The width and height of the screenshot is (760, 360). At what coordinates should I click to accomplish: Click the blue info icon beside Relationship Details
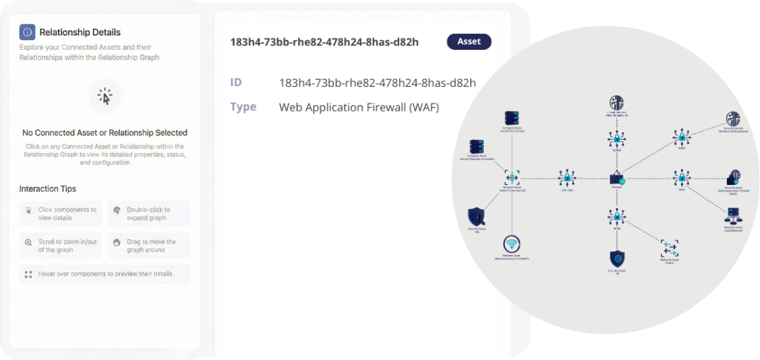27,32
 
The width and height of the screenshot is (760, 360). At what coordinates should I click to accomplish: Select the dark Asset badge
469,42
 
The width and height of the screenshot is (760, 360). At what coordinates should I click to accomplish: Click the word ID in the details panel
236,82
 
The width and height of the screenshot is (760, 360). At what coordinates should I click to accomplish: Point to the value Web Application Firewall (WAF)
359,107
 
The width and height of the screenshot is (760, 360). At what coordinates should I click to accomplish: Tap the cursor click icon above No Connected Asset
105,97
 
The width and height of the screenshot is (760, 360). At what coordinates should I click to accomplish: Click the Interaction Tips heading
48,189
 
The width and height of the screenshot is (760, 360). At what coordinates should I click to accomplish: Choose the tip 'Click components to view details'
67,214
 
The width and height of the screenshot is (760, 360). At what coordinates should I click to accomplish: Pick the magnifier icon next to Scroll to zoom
29,243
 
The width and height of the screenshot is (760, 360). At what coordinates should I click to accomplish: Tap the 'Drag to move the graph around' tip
150,246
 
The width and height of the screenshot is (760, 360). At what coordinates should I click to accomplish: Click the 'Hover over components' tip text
105,274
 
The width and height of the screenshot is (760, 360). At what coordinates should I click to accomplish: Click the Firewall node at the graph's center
617,178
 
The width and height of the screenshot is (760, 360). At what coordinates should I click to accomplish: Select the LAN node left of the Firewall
567,178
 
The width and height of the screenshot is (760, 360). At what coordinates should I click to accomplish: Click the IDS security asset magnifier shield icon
476,216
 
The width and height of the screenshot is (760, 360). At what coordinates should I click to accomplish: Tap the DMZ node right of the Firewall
681,178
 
